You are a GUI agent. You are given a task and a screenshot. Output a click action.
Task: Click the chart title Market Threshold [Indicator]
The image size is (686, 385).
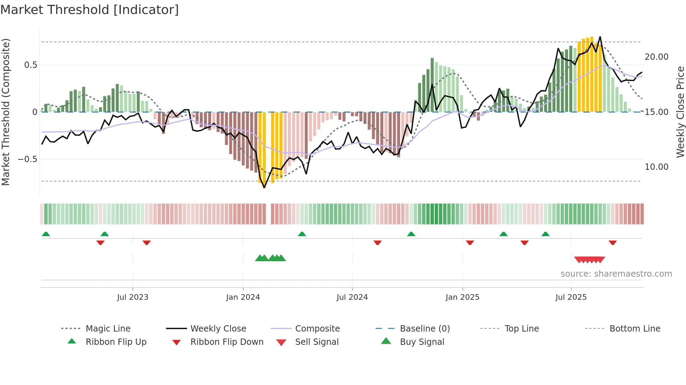coord(90,10)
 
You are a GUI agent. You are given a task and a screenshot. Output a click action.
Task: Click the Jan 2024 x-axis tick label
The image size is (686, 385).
coord(243,297)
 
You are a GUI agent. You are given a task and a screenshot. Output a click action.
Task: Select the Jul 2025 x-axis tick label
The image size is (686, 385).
coord(571,297)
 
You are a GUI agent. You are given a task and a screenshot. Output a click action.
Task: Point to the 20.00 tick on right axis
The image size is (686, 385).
coord(656,57)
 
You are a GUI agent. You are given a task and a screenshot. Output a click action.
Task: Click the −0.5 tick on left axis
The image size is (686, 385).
coord(27,159)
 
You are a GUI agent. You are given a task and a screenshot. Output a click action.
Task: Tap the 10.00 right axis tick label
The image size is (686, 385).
coord(656,167)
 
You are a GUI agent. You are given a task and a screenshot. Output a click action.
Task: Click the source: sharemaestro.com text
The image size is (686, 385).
coord(616,274)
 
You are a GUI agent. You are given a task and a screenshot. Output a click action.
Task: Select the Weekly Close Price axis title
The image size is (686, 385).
coord(680,112)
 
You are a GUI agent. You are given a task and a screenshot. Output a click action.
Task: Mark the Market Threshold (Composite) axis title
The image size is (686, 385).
coord(6,112)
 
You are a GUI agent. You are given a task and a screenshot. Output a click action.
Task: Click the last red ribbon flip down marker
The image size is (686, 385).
coord(612,242)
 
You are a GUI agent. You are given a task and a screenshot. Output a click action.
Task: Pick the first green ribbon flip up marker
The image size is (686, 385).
coord(46,234)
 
